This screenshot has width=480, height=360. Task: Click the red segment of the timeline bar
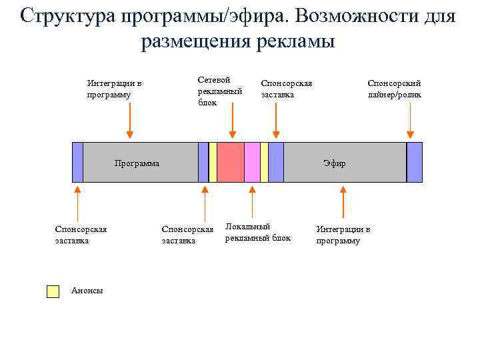coord(231,162)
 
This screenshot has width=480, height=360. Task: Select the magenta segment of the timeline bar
coord(252,162)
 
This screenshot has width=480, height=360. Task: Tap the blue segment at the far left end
coord(77,162)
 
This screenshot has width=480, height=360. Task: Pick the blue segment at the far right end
coord(415,162)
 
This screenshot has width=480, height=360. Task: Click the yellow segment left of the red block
coord(213,162)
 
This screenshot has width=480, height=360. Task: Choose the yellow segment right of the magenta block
coord(264,162)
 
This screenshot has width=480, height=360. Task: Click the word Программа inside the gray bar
coord(137,163)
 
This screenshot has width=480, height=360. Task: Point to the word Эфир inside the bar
coord(335,163)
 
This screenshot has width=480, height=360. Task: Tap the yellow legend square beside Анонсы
coord(53,291)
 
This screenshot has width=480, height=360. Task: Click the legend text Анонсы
coord(87,291)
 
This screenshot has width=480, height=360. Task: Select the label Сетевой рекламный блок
coord(219,91)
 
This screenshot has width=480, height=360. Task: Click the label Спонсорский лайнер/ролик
coord(394,89)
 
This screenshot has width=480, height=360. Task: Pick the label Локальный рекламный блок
coord(258,232)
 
